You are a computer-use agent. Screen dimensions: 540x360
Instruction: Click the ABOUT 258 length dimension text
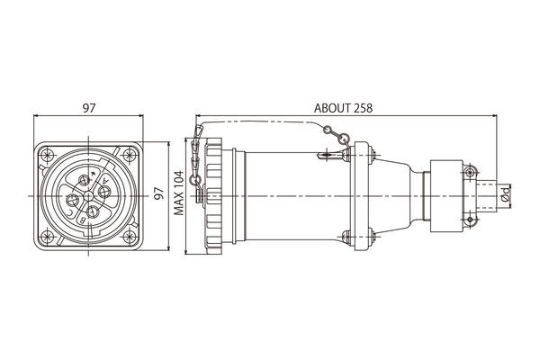tap(343, 108)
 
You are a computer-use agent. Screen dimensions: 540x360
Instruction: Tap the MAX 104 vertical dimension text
tap(179, 193)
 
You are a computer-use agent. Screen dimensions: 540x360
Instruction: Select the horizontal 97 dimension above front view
tap(88, 108)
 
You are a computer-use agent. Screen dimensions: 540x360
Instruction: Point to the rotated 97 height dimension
tap(158, 193)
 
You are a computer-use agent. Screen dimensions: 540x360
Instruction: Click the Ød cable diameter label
tap(506, 193)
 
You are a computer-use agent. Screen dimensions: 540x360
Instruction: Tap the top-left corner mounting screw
tap(47, 155)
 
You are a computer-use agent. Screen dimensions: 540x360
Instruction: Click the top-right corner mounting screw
tap(130, 155)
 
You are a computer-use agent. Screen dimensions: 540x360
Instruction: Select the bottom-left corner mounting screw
tap(47, 237)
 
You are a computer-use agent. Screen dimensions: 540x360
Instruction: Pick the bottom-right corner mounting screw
tap(130, 237)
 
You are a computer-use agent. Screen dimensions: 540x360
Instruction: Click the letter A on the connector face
tap(105, 180)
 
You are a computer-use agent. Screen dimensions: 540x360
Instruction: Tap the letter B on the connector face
tap(83, 220)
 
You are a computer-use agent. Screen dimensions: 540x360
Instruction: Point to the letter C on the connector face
tap(70, 212)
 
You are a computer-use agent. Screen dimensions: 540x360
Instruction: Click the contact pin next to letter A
tap(104, 191)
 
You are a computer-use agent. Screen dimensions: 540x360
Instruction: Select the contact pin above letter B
tap(93, 211)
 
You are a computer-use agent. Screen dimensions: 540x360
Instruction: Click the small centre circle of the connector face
tap(88, 196)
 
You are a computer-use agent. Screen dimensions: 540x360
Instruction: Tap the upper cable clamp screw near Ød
tap(470, 171)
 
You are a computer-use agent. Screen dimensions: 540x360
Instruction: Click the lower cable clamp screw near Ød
tap(470, 220)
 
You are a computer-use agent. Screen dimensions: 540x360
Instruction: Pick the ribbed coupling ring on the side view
tap(213, 196)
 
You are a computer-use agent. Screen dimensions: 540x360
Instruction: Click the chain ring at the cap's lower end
tap(196, 180)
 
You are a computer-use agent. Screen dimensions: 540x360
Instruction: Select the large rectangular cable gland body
tap(446, 195)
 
